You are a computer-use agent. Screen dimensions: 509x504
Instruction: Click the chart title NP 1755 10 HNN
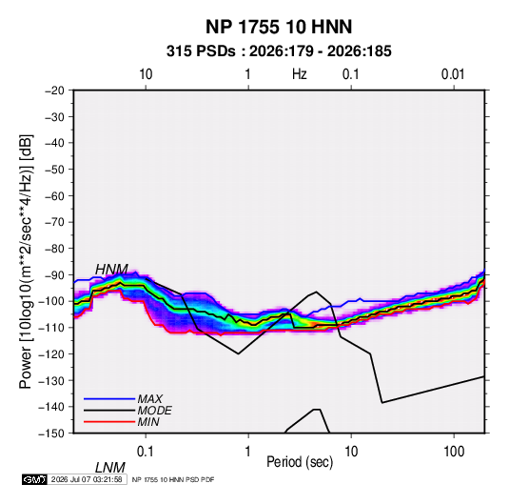(279, 27)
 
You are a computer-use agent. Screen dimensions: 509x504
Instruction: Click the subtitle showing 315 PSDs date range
(279, 51)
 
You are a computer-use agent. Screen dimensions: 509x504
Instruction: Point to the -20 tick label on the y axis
(54, 91)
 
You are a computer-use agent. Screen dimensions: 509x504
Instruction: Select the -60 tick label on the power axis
(54, 195)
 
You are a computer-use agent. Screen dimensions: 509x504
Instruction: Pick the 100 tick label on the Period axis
(454, 452)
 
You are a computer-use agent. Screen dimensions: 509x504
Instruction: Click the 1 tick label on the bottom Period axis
(248, 452)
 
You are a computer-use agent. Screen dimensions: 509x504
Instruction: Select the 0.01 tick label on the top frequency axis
(453, 74)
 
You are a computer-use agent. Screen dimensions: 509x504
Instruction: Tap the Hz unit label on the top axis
(300, 74)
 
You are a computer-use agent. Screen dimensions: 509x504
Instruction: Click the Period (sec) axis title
(300, 462)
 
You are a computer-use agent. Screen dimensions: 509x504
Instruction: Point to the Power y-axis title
(26, 262)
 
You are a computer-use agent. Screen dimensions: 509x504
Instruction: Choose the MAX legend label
(149, 398)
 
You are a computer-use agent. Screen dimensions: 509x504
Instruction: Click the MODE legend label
(154, 411)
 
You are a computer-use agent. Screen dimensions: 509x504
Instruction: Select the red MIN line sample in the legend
(109, 422)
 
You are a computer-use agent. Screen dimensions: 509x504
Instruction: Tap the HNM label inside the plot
(111, 270)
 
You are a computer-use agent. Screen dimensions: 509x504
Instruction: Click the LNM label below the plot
(109, 468)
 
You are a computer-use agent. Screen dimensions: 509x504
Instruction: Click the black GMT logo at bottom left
(34, 479)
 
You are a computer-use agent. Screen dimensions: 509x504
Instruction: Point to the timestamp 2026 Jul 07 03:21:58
(87, 479)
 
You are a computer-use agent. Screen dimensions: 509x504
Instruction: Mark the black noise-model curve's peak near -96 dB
(317, 292)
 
